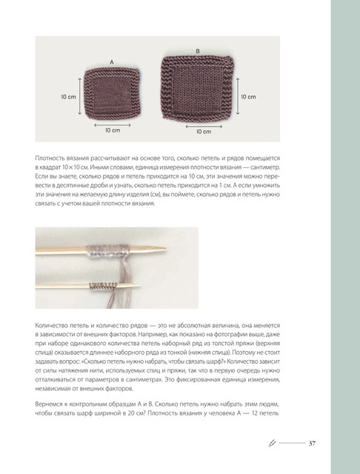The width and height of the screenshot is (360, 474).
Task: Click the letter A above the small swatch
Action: point(112,62)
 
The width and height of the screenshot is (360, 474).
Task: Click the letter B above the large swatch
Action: point(198,51)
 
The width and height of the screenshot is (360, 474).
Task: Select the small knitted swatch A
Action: point(112,94)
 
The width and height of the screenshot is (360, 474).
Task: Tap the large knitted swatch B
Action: point(198,87)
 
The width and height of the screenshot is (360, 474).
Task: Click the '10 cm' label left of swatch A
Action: point(69,97)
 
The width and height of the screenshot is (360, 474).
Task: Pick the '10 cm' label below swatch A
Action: point(113,130)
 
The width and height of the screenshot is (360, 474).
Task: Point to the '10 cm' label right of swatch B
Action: point(248,97)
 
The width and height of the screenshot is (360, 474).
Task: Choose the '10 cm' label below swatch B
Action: point(204,132)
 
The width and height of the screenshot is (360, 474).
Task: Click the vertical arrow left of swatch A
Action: point(80,96)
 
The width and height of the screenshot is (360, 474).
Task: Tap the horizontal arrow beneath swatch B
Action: point(204,127)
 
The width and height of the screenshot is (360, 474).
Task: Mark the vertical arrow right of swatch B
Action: point(238,96)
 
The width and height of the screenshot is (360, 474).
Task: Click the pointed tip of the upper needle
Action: point(166,249)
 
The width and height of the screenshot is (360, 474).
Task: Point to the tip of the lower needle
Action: point(141,285)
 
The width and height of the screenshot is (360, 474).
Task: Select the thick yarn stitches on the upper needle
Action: point(107,251)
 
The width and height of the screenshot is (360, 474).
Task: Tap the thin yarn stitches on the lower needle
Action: point(103,287)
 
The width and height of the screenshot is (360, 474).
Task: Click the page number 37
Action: point(312,444)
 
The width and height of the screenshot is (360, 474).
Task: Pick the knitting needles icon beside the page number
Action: point(273,443)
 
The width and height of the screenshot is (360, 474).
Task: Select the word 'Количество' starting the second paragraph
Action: point(48,326)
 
